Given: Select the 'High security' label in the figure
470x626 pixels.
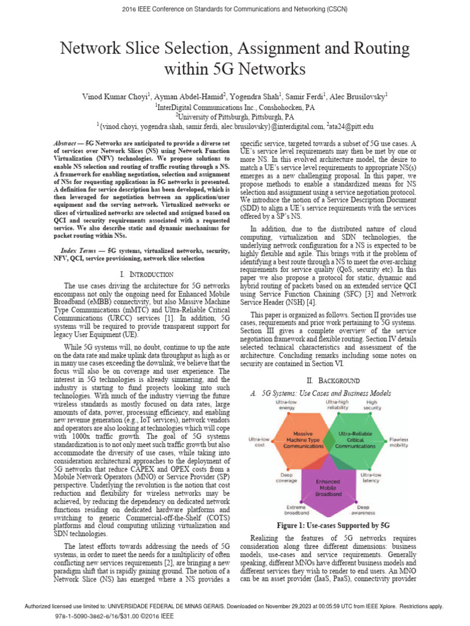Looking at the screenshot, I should pos(371,405).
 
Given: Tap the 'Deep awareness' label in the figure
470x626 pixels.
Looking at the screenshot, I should pos(364,510).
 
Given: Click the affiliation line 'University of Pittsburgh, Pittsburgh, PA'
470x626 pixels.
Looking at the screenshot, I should pos(235,116).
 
